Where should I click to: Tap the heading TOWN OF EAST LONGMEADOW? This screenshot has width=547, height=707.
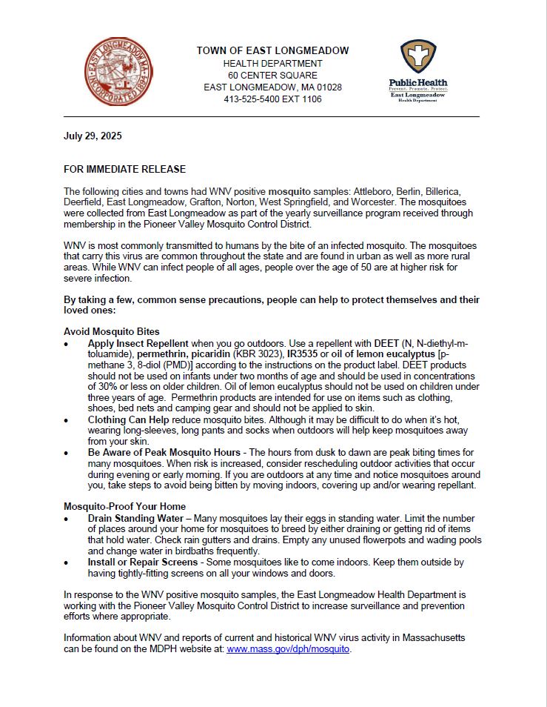(x=272, y=50)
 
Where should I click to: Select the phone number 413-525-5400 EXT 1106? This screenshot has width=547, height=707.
(x=272, y=99)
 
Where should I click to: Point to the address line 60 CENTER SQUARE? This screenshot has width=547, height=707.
(x=272, y=76)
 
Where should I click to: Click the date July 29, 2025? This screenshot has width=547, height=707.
(x=93, y=136)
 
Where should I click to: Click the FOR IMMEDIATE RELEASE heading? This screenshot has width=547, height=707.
(x=124, y=170)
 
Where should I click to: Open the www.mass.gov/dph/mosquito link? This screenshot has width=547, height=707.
(x=288, y=648)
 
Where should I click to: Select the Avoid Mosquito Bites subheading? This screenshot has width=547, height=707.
(x=111, y=331)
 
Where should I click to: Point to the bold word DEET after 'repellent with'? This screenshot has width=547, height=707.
(x=386, y=344)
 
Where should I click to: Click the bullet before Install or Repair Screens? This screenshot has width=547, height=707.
(x=67, y=562)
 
